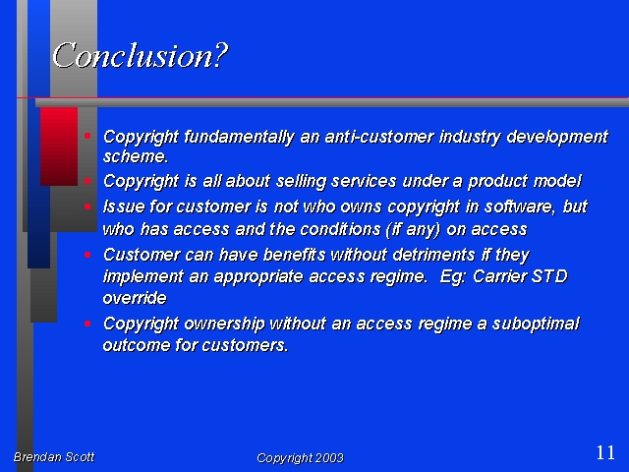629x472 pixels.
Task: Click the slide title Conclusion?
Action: (140, 55)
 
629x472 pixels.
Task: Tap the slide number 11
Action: (605, 453)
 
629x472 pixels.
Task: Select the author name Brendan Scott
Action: (54, 456)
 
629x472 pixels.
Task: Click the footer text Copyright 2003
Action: (300, 458)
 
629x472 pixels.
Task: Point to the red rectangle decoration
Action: (59, 147)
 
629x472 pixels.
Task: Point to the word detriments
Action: (433, 255)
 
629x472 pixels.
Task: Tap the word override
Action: (135, 298)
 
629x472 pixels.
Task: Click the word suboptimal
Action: (536, 324)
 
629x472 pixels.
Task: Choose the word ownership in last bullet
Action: (225, 324)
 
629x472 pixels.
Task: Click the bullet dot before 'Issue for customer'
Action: (87, 206)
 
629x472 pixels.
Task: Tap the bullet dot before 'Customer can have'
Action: (87, 255)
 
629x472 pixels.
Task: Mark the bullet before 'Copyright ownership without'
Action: (87, 324)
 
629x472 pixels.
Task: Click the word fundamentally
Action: (239, 137)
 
